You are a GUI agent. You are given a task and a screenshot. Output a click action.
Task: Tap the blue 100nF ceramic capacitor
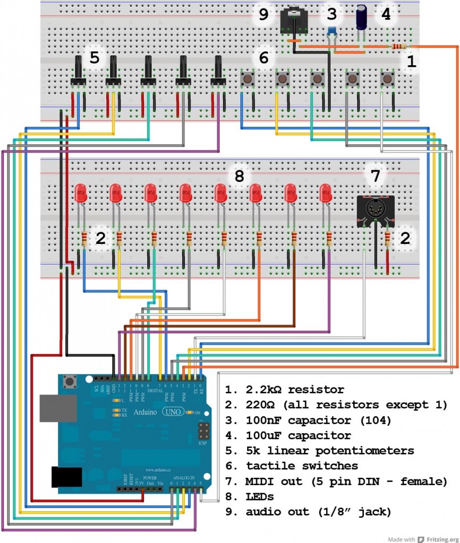coord(332,31)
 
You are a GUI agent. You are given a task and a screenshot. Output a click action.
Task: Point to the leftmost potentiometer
coord(79,72)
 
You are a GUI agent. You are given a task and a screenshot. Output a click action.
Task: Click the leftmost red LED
coord(81,193)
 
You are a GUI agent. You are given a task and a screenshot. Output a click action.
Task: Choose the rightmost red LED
coord(326,193)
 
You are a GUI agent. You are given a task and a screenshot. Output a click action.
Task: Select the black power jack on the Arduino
coord(66,477)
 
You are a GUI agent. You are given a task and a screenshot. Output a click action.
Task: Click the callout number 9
coord(263,14)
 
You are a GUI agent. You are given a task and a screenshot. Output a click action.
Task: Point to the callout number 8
coord(239,176)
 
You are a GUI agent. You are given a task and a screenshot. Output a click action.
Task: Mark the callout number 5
coord(95,57)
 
